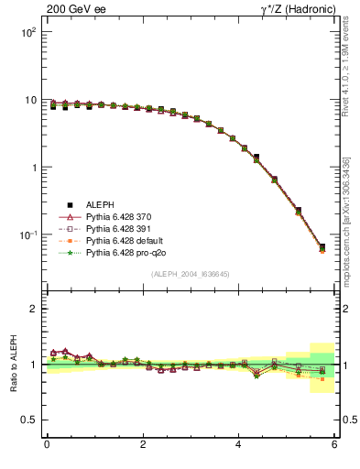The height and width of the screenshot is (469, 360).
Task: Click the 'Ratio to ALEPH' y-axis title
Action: pos(13,364)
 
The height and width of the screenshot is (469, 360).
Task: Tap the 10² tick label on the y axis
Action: pos(28,32)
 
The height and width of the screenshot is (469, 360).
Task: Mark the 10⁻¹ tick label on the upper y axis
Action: pos(27,235)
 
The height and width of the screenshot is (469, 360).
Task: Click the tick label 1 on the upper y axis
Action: pos(33,168)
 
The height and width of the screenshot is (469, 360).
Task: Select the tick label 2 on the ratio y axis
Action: pos(35,309)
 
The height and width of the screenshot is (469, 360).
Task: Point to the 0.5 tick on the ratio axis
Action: pos(30,420)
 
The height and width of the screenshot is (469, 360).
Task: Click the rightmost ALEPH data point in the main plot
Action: pos(322,247)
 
